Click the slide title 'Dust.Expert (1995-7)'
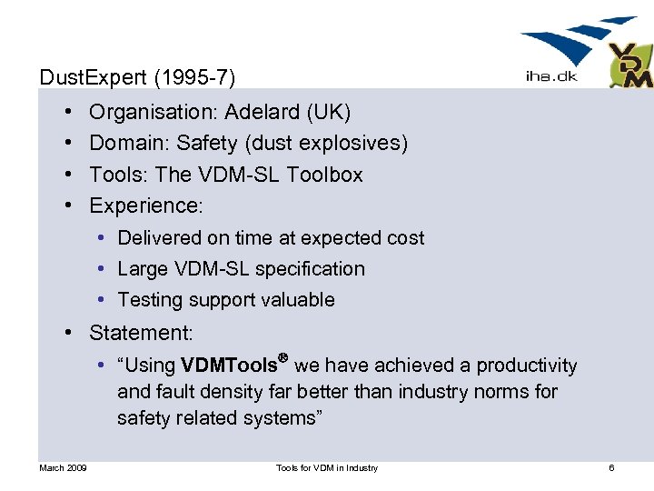(x=138, y=78)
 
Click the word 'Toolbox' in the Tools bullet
(x=324, y=174)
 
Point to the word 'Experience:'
(x=146, y=205)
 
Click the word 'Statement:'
(x=141, y=333)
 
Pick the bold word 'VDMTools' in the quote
(x=229, y=366)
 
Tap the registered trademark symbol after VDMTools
(x=283, y=360)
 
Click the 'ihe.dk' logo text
(x=550, y=77)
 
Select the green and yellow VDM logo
(x=630, y=66)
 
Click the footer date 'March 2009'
(x=63, y=468)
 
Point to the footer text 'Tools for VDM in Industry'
(x=327, y=468)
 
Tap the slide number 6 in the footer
(x=611, y=468)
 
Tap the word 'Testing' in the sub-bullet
(x=151, y=300)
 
